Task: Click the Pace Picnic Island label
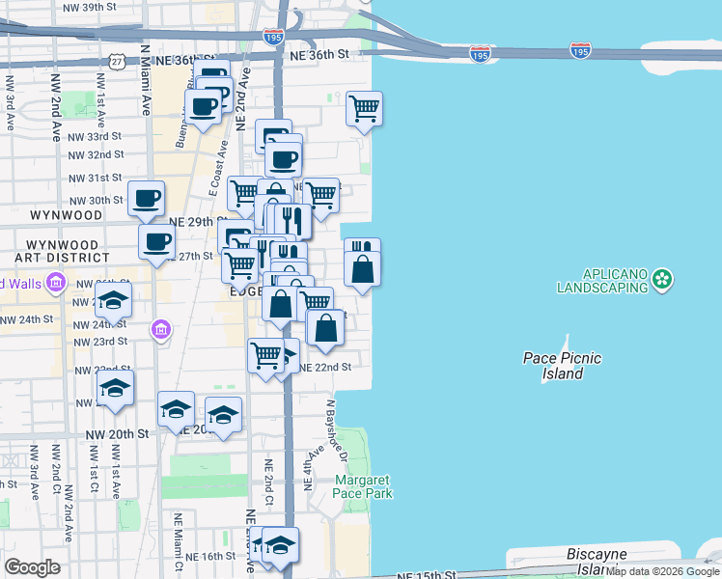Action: [x=562, y=366]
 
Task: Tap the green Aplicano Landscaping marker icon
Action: [x=661, y=280]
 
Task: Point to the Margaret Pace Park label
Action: [x=363, y=486]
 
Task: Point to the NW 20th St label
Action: [x=123, y=434]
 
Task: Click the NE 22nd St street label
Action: [x=325, y=368]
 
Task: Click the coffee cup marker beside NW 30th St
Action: [x=147, y=199]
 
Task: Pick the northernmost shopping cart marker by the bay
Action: [x=365, y=109]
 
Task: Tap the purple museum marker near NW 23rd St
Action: [x=160, y=331]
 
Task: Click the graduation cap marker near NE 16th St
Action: [x=280, y=545]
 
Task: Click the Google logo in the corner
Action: [x=33, y=567]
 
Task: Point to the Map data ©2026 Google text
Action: [x=663, y=572]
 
